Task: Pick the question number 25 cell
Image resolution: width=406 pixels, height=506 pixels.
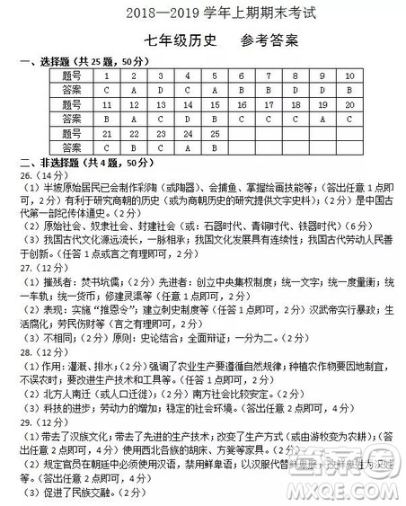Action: pos(214,132)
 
